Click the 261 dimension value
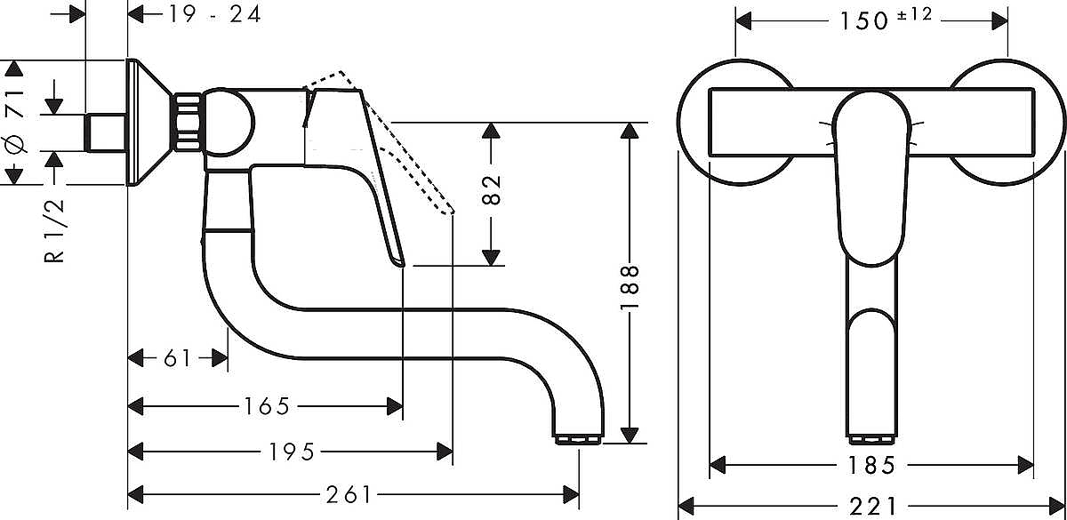click(349, 495)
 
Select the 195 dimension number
click(292, 452)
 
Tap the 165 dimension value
click(266, 406)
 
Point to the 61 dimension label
click(177, 358)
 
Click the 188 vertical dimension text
click(630, 288)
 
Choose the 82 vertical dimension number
click(491, 190)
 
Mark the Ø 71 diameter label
click(14, 122)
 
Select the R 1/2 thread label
click(54, 231)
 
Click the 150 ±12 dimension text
click(886, 19)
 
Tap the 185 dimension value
click(871, 465)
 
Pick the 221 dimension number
click(872, 506)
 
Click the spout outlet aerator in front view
click(871, 439)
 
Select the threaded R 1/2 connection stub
click(105, 132)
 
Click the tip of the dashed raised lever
click(452, 212)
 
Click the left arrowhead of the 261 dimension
click(136, 495)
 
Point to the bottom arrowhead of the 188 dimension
click(630, 436)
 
